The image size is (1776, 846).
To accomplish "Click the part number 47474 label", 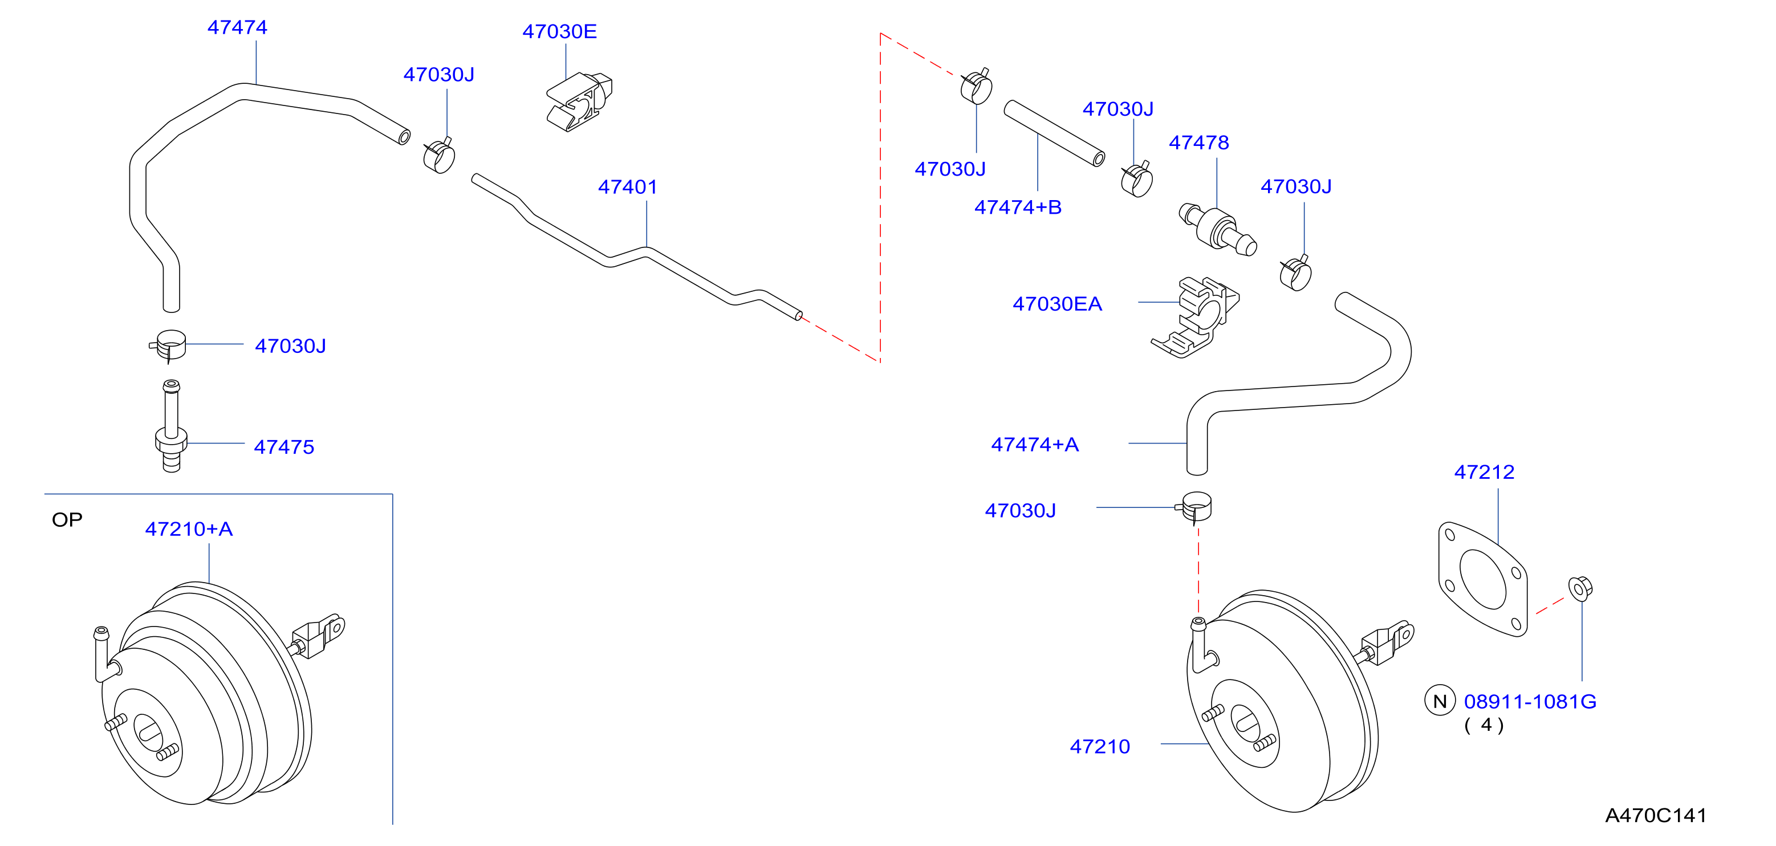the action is pyautogui.click(x=237, y=27).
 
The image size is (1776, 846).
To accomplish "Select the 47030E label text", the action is pyautogui.click(x=559, y=32).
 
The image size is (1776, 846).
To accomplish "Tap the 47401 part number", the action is pyautogui.click(x=627, y=187).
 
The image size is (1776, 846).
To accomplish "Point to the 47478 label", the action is pyautogui.click(x=1199, y=143).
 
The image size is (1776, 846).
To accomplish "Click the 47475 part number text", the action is pyautogui.click(x=284, y=447).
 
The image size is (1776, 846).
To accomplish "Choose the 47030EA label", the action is pyautogui.click(x=1057, y=304).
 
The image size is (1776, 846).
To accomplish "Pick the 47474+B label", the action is pyautogui.click(x=1018, y=207).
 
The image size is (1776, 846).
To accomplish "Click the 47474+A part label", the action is pyautogui.click(x=1035, y=445).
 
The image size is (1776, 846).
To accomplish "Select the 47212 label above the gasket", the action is pyautogui.click(x=1484, y=472).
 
